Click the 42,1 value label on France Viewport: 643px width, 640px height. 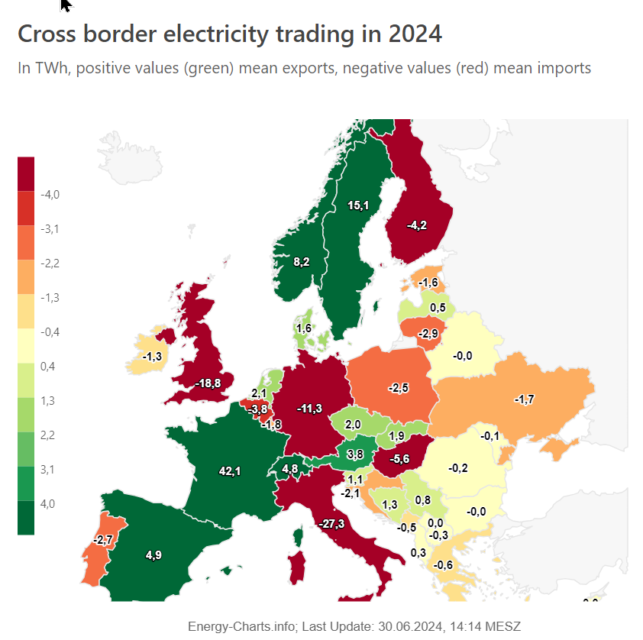(229, 472)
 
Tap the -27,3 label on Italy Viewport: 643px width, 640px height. (331, 524)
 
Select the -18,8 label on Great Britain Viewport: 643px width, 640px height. (208, 383)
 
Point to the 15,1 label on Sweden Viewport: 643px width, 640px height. (358, 205)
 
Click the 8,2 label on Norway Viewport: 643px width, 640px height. (302, 262)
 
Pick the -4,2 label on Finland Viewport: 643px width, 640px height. (417, 225)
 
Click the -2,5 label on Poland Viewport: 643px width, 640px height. (399, 389)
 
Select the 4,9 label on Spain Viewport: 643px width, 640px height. (153, 555)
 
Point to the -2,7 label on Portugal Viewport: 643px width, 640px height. (102, 540)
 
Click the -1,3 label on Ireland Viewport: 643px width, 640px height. (152, 356)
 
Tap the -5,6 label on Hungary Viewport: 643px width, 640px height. (399, 459)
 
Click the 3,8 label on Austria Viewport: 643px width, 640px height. (355, 454)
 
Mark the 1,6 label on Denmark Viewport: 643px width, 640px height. (302, 328)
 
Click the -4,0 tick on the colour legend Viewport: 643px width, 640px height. (50, 195)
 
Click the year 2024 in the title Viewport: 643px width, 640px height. (414, 34)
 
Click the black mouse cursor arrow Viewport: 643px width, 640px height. (66, 5)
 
